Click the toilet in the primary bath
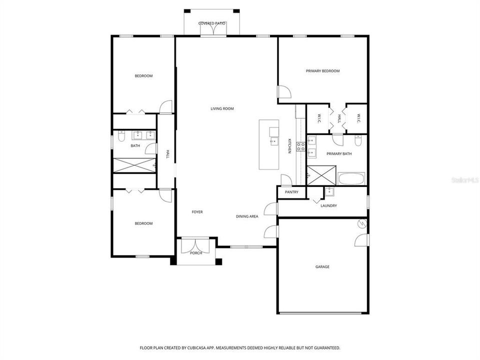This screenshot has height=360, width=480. click(357, 139)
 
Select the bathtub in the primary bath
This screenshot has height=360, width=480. click(351, 178)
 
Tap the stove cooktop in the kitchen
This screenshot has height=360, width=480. click(301, 146)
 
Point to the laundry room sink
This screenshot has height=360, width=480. click(329, 191)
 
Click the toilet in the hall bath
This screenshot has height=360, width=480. click(121, 136)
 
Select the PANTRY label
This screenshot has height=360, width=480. click(291, 192)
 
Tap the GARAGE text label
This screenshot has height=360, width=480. click(322, 267)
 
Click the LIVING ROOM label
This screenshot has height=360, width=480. click(222, 108)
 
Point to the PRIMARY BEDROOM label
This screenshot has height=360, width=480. click(322, 71)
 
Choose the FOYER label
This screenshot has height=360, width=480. click(197, 212)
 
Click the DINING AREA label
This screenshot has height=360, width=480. click(247, 216)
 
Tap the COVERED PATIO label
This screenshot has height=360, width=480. click(212, 23)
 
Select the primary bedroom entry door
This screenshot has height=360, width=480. click(284, 92)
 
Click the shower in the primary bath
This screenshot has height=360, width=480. click(316, 175)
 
